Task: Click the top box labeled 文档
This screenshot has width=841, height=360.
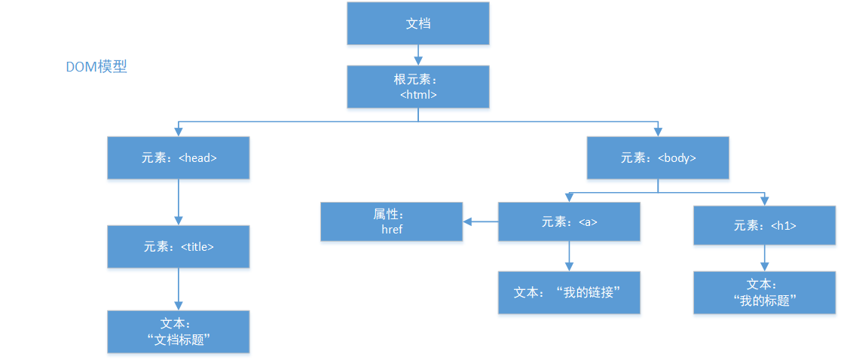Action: click(418, 23)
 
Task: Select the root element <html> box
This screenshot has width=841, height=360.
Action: click(418, 87)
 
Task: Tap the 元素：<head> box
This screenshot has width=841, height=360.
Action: click(179, 158)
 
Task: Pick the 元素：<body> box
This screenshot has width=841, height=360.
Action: click(658, 158)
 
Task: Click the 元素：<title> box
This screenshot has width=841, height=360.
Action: click(179, 246)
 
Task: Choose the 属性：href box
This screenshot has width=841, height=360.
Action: click(392, 221)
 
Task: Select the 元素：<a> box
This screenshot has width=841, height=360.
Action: click(569, 222)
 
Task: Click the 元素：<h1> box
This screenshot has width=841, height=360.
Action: click(765, 224)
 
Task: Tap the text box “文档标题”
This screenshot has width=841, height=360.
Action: click(179, 331)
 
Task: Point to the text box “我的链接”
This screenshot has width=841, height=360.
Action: click(569, 292)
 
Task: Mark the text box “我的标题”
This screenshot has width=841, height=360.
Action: click(765, 292)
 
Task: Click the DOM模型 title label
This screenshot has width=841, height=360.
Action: click(96, 67)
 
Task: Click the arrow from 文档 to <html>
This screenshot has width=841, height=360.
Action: click(418, 54)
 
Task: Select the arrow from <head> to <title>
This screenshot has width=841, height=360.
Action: click(179, 202)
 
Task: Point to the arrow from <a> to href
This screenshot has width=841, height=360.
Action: click(481, 221)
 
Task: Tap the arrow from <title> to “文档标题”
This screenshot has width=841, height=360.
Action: click(179, 288)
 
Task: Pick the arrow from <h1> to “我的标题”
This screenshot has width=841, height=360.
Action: click(765, 258)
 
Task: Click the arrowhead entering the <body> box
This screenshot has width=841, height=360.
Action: click(658, 133)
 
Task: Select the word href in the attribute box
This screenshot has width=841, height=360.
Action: click(392, 230)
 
